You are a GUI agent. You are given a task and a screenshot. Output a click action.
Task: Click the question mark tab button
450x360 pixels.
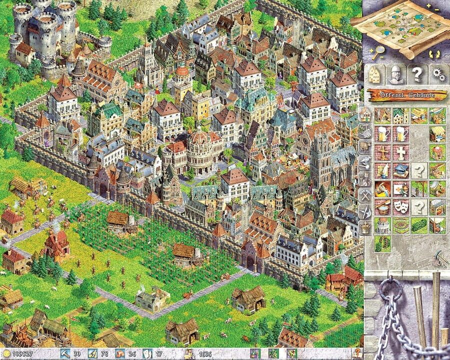(416, 74)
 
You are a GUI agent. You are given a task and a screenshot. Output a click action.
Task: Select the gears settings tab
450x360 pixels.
(437, 74)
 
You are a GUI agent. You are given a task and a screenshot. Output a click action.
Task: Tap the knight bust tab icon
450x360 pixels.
(395, 74)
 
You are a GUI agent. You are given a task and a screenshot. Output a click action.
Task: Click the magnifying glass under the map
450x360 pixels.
(378, 50)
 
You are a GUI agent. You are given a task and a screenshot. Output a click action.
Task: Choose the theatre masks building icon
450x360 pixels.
(401, 206)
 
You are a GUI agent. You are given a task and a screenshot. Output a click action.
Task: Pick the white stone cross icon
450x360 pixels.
(401, 152)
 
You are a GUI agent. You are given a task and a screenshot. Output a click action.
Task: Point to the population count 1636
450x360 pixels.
(205, 353)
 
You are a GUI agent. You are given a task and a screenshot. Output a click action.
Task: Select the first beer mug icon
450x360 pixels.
(382, 134)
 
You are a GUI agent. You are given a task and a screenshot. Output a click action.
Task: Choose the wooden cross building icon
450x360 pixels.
(382, 152)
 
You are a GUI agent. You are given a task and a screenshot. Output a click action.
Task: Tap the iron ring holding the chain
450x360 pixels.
(390, 290)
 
